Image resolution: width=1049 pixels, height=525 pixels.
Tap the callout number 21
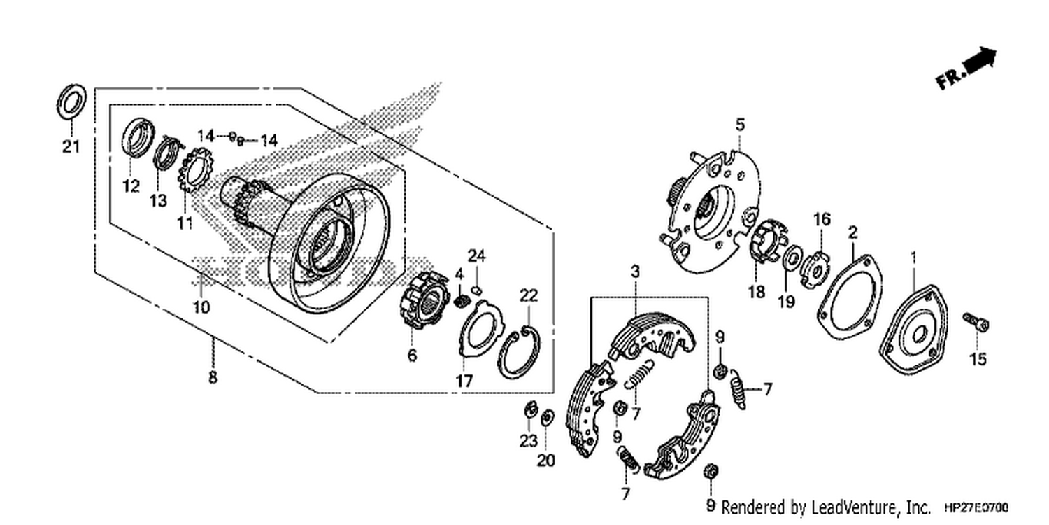[x=71, y=147]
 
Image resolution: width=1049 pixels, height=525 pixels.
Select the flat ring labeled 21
[x=71, y=101]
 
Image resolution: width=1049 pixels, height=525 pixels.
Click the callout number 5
[x=739, y=125]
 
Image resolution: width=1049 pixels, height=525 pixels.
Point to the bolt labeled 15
[x=976, y=323]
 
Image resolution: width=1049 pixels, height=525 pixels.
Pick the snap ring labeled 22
[x=519, y=353]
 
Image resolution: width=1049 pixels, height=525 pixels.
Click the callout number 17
[x=464, y=381]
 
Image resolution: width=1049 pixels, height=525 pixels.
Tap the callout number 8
[x=213, y=377]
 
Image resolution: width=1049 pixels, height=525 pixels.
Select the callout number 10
[x=201, y=307]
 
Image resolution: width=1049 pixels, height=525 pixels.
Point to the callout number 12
[x=131, y=186]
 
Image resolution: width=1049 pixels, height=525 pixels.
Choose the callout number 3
[x=635, y=272]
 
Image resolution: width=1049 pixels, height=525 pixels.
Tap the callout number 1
[x=913, y=258]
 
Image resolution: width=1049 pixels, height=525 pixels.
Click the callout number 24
[x=477, y=256]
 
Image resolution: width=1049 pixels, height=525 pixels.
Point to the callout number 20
[x=545, y=461]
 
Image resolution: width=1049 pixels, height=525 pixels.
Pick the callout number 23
[x=528, y=441]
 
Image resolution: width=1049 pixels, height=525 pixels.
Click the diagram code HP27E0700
[x=976, y=507]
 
